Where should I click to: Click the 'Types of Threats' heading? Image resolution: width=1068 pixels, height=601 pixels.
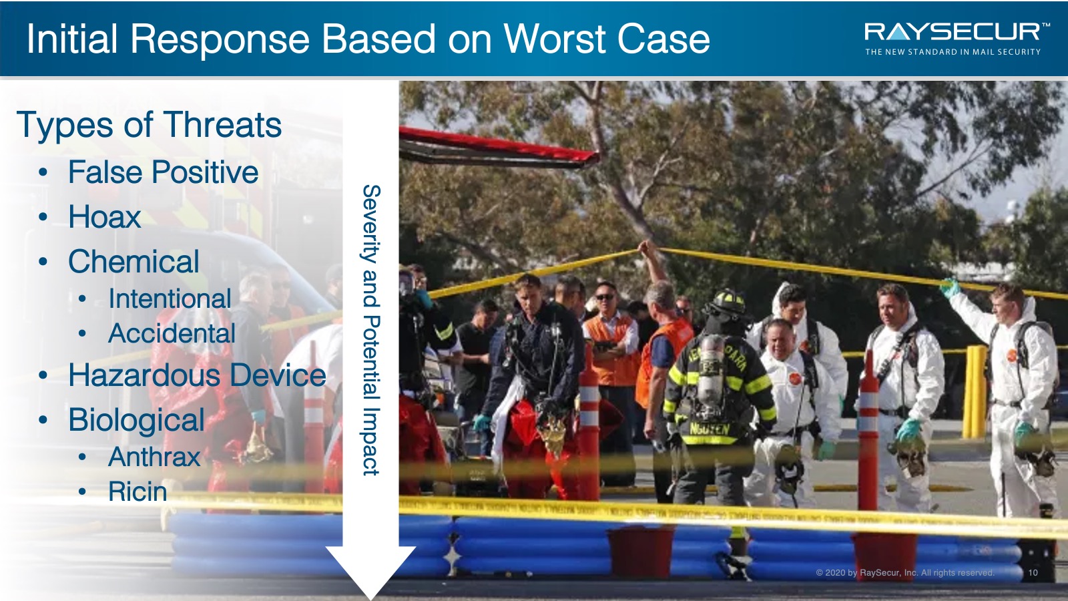point(150,125)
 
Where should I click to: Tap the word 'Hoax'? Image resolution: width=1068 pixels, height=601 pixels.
point(104,216)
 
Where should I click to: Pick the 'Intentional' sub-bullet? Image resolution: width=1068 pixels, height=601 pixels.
point(170,298)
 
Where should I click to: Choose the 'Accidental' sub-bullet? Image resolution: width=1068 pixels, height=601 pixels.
point(172,333)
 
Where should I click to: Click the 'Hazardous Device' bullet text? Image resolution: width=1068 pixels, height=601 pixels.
point(197,375)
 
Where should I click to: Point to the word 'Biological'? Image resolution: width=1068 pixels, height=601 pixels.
point(136,420)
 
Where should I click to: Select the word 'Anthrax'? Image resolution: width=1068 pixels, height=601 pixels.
point(154,457)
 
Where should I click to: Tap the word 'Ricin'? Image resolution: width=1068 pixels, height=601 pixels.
point(138,491)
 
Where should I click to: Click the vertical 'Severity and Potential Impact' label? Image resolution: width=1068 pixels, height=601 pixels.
point(371,330)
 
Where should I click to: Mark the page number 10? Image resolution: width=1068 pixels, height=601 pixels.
point(1033,572)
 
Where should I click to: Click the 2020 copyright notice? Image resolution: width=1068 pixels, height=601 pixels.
point(905,572)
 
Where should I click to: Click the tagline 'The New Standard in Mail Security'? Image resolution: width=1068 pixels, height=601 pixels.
point(953,52)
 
